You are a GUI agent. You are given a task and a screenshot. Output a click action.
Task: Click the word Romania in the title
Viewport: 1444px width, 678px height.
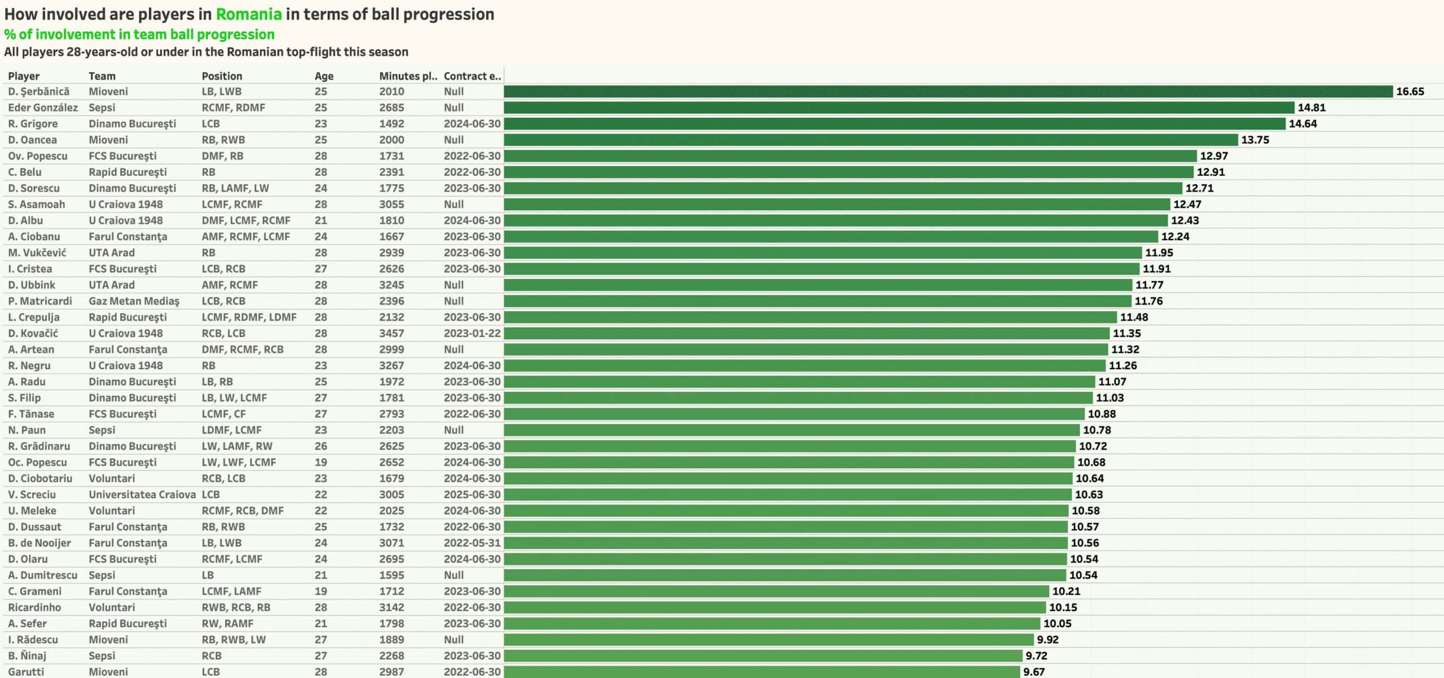pos(249,14)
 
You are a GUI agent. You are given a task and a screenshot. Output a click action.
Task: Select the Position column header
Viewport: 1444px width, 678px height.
pos(222,76)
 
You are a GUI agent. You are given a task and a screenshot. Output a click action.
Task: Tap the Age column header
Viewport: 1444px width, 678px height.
pos(324,76)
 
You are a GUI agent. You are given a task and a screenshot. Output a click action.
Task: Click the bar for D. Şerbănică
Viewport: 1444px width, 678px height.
pos(948,91)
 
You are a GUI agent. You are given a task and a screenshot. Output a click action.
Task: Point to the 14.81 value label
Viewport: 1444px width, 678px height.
pos(1311,108)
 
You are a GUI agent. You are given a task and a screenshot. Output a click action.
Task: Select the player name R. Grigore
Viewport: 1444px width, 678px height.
pos(33,124)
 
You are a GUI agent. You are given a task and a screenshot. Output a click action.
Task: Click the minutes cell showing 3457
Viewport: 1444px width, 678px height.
pos(391,334)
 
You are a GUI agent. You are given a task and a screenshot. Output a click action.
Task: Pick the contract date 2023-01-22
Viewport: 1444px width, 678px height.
pos(472,334)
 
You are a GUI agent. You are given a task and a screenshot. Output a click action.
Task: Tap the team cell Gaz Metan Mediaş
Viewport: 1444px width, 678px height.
pos(134,302)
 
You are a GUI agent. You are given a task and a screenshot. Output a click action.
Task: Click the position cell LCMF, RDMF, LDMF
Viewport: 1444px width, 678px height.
pos(249,317)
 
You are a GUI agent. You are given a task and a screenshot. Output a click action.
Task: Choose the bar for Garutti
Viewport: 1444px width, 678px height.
pos(761,672)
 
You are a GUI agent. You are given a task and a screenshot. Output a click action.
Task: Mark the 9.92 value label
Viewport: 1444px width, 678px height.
pos(1047,640)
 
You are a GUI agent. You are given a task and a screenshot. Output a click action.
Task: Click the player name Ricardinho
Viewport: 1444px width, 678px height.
pos(34,608)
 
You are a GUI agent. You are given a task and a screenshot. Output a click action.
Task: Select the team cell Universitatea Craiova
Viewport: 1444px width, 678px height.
pos(142,495)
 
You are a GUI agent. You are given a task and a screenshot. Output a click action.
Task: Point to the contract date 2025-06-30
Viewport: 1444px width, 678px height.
pos(472,495)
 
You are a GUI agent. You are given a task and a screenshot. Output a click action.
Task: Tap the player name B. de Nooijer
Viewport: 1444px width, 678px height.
pos(39,543)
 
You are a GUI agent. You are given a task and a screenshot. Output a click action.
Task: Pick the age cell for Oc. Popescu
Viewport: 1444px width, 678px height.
pos(320,463)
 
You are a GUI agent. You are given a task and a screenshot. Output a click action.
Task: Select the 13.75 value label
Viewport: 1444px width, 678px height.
pos(1255,140)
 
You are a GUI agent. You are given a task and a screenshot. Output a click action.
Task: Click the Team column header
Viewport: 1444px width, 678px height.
pos(102,76)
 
